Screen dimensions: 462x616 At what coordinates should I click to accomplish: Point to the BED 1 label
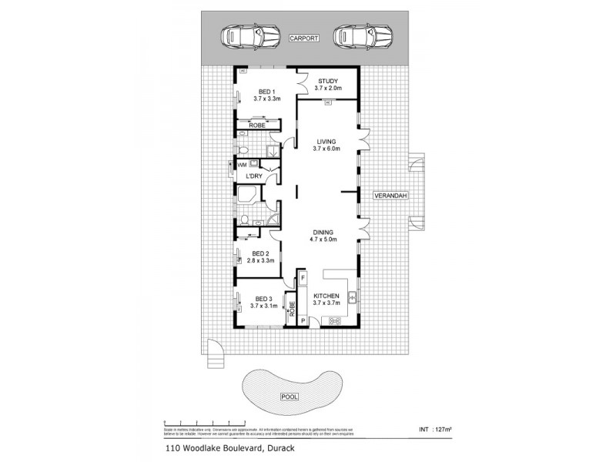pyautogui.click(x=266, y=91)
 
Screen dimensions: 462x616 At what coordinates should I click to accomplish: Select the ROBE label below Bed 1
pyautogui.click(x=256, y=125)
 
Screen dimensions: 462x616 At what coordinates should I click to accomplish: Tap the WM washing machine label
pyautogui.click(x=241, y=165)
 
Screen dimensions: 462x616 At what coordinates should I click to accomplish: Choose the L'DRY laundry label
pyautogui.click(x=254, y=177)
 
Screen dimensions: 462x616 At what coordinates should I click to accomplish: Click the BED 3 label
pyautogui.click(x=264, y=299)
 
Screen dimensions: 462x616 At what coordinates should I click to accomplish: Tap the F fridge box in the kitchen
pyautogui.click(x=303, y=276)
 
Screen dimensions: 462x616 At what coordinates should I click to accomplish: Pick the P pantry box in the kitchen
pyautogui.click(x=303, y=320)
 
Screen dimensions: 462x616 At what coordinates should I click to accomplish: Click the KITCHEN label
pyautogui.click(x=327, y=296)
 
